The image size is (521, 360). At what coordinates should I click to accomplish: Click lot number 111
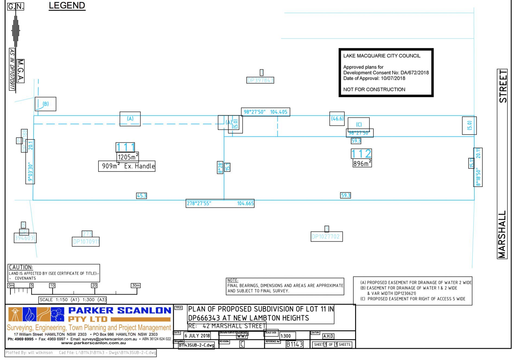coord(125,147)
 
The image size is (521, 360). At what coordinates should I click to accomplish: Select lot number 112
coord(361,154)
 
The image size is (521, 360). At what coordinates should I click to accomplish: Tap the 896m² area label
coord(362,163)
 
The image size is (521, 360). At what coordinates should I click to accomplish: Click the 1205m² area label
coord(128,157)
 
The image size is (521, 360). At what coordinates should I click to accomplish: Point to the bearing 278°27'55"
coord(199,203)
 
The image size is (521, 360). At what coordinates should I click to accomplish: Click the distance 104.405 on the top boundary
coord(279,112)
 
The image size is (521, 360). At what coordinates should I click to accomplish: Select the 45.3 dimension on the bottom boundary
coord(141,196)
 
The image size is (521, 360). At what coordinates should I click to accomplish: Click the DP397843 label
coord(260,80)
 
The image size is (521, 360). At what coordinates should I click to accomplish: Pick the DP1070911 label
coord(86,241)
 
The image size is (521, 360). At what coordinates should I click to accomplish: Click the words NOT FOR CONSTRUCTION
coord(374,89)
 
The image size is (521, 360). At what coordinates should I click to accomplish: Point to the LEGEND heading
coord(67,5)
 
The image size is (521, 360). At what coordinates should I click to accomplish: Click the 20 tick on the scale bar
coord(94,285)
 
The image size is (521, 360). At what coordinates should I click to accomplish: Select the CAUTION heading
coord(21,267)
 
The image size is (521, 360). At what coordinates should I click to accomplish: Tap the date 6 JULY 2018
coord(197,336)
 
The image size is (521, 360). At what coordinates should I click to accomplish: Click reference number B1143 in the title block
coord(294,345)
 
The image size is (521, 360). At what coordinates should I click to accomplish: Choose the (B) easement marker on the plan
coord(46,104)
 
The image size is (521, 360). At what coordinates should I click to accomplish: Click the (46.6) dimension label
coord(337,119)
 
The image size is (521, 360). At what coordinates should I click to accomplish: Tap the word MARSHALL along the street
coord(502,234)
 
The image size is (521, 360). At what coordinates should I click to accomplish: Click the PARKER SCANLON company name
coord(119,310)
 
